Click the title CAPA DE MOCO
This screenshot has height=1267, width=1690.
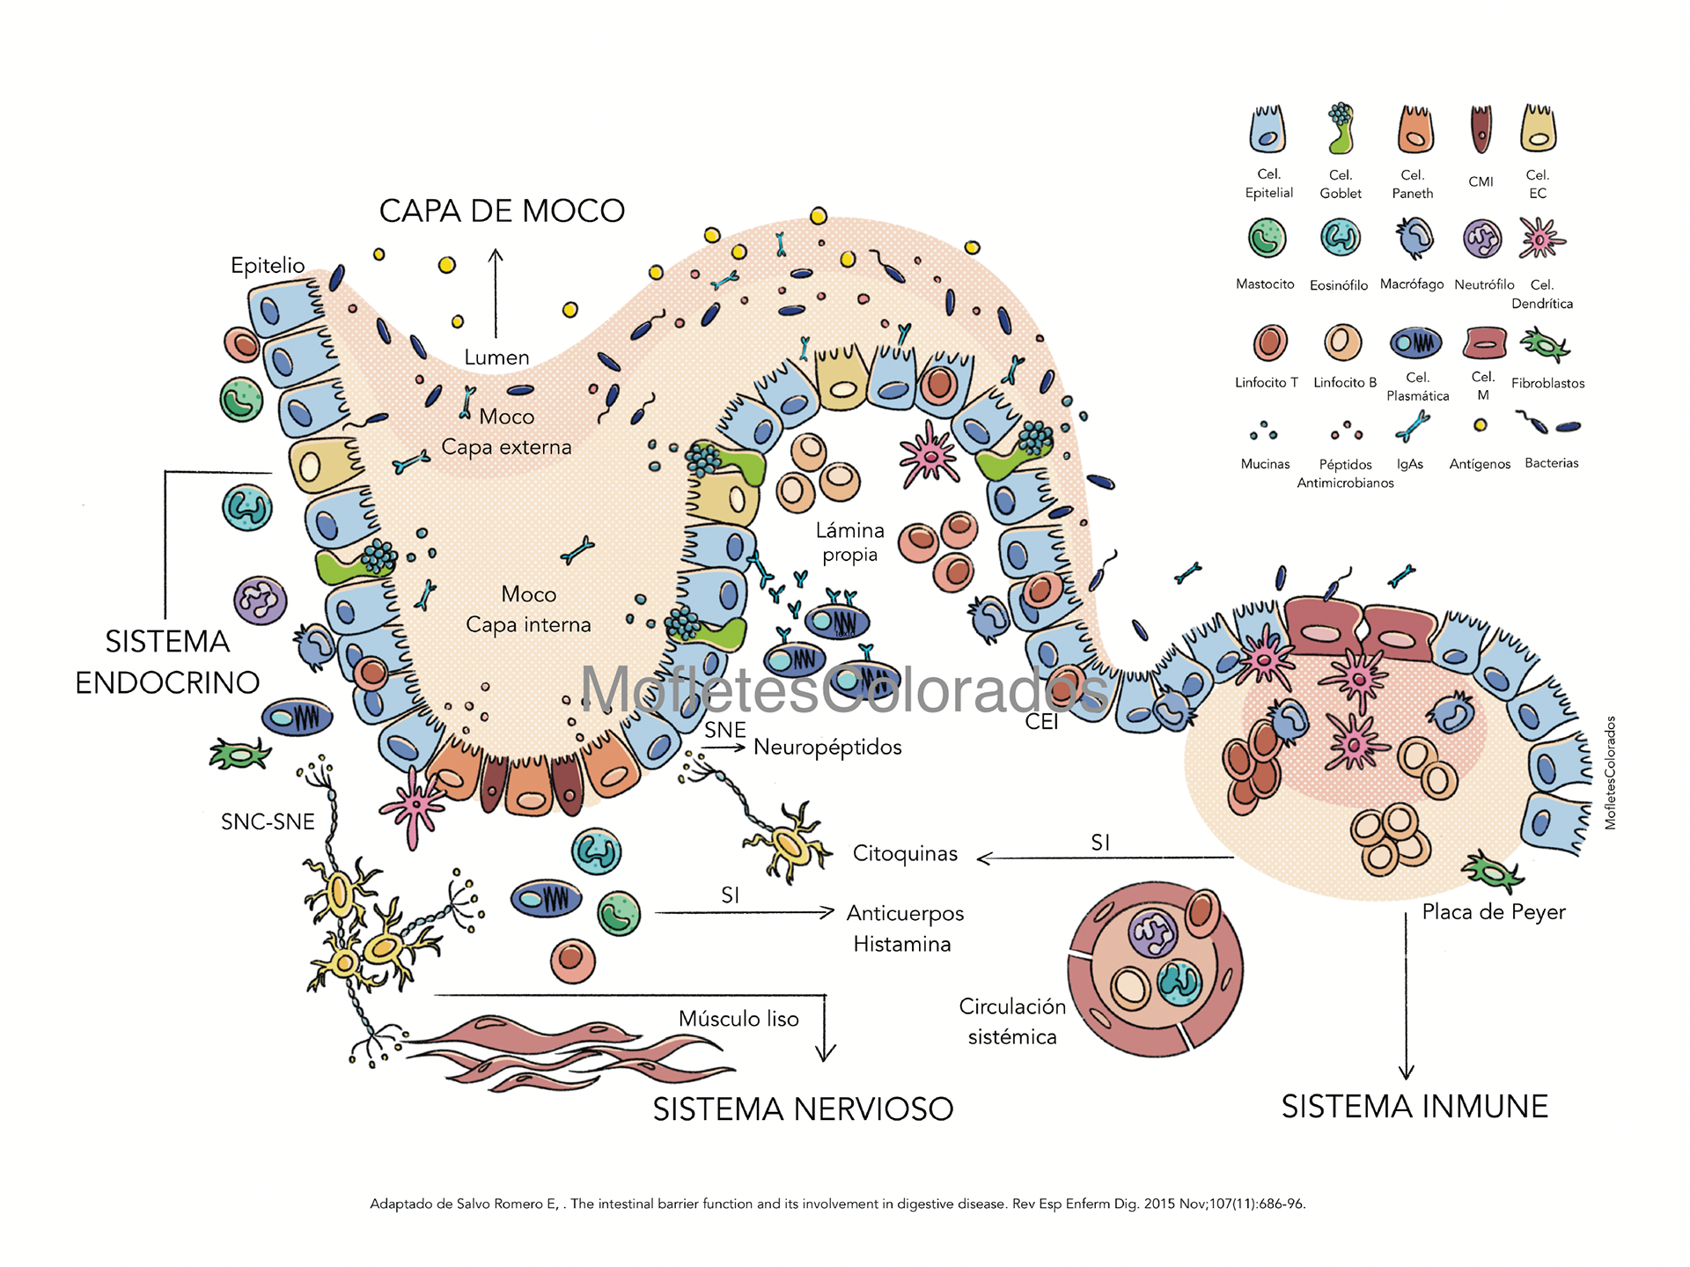[x=502, y=211]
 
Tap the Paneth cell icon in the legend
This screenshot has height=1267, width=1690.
[x=1415, y=129]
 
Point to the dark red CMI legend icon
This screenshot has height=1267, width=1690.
[x=1481, y=129]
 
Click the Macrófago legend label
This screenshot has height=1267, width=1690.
[x=1411, y=284]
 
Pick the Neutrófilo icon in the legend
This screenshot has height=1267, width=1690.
[x=1482, y=238]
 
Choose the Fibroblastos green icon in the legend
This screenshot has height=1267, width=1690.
[x=1545, y=343]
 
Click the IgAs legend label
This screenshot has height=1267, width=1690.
[x=1409, y=464]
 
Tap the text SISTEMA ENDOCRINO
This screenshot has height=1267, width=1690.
[x=167, y=661]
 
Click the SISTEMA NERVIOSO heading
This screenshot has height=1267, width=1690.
[x=803, y=1109]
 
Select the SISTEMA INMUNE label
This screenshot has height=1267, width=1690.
[x=1414, y=1106]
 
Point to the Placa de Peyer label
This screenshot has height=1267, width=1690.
[x=1494, y=912]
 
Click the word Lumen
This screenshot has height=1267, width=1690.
[x=496, y=357]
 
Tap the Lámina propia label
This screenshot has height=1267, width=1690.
[x=849, y=541]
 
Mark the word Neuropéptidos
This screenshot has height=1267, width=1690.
[x=827, y=747]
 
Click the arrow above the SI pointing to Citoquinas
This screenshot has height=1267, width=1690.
[x=1105, y=858]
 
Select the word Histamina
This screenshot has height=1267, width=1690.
[x=901, y=944]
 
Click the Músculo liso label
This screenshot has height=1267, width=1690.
[x=738, y=1019]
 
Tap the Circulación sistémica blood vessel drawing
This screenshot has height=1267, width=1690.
[x=1155, y=969]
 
